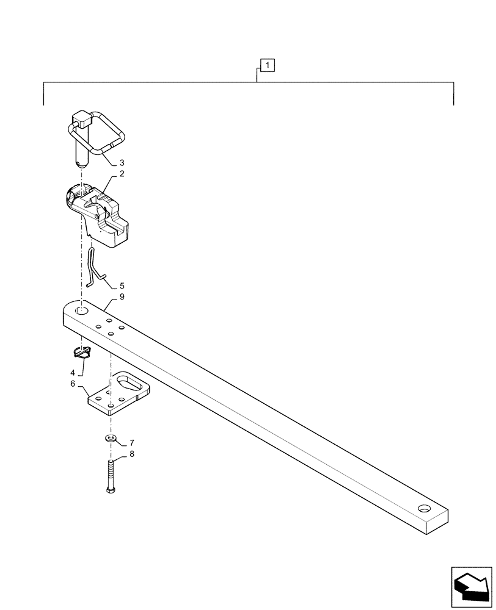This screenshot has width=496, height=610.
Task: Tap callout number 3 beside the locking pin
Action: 122,163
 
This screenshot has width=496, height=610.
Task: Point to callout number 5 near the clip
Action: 122,285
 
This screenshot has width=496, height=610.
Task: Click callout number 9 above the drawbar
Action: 122,297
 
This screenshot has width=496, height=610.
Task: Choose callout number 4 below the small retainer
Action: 73,373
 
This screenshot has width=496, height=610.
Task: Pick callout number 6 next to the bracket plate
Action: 73,384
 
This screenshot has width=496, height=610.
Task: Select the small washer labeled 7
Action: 110,439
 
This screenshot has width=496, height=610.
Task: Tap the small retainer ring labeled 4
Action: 81,351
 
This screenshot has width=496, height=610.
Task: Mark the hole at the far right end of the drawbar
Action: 423,508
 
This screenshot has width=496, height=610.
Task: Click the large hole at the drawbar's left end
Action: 81,311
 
